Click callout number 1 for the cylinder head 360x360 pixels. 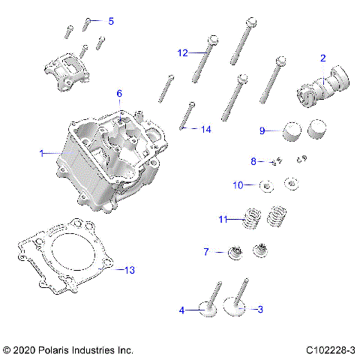pos(42,153)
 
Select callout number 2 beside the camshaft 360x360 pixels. pos(323,58)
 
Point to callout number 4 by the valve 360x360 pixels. pos(181,309)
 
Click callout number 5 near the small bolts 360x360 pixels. pos(111,21)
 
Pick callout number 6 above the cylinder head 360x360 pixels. pos(118,93)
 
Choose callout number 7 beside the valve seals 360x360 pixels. pos(205,251)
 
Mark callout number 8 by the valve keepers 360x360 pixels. pos(253,160)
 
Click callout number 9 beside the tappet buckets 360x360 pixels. pos(262,130)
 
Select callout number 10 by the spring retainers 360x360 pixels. pos(238,184)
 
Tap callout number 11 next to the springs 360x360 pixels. pos(222,219)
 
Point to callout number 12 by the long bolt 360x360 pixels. pos(182,52)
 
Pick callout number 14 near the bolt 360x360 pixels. pos(205,129)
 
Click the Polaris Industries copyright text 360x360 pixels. pos(68,350)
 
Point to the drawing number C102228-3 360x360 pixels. pos(330,350)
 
